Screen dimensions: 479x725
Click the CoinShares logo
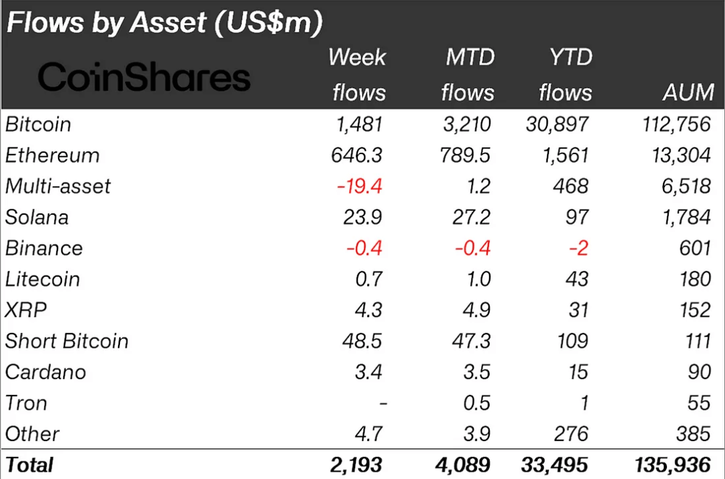coord(144,77)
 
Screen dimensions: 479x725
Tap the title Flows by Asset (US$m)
coord(164,23)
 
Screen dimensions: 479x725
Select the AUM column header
coord(688,92)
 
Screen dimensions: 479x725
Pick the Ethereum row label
coord(52,155)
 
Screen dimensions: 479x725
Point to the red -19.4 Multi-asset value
coord(360,186)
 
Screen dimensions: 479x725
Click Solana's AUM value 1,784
coord(686,217)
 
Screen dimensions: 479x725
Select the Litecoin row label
coord(43,279)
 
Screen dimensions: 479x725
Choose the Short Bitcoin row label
coord(67,341)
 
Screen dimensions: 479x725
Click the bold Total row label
coord(29,464)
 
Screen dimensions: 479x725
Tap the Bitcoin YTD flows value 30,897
coord(557,125)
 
